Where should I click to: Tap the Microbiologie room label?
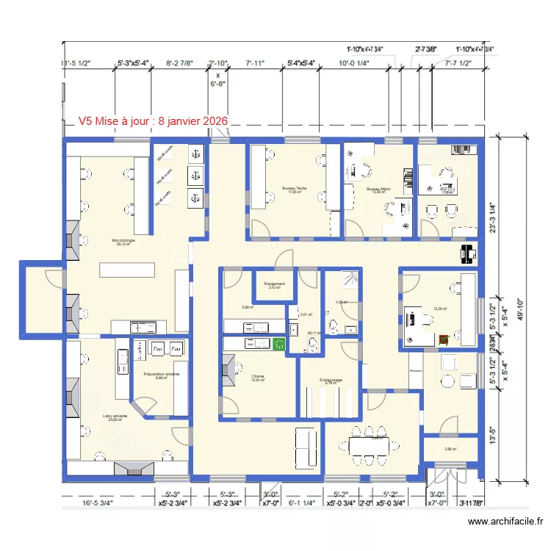(x=123, y=240)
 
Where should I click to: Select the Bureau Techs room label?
(x=294, y=188)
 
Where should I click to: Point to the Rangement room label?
(x=275, y=283)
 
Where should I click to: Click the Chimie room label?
(x=257, y=376)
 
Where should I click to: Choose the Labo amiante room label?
(x=115, y=416)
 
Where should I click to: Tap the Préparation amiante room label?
(x=162, y=374)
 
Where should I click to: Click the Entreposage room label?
(x=331, y=380)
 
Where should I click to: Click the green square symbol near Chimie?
(x=278, y=343)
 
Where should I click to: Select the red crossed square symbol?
(x=444, y=339)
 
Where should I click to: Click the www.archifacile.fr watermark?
(x=506, y=522)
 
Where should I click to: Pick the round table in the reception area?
(x=448, y=380)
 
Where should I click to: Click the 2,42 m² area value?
(x=275, y=287)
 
